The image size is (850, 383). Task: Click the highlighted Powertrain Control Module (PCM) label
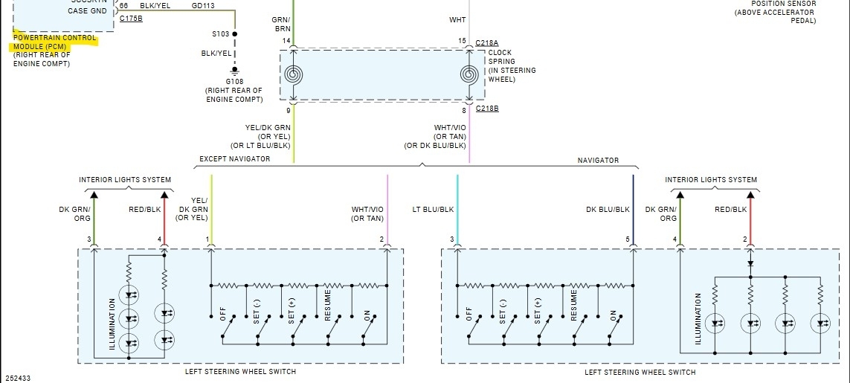(x=55, y=42)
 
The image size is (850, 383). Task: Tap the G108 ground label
(x=234, y=82)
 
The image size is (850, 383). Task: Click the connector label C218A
(x=488, y=43)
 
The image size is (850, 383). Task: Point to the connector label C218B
(x=488, y=109)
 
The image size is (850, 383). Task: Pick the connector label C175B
(x=131, y=17)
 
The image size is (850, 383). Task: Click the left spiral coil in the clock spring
(x=293, y=74)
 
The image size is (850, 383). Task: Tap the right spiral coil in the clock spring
(x=469, y=74)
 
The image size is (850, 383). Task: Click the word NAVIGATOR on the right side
(x=598, y=161)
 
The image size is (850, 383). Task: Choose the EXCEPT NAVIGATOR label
(x=234, y=159)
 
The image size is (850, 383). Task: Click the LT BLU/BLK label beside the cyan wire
(x=433, y=210)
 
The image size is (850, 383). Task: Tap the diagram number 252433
(x=16, y=378)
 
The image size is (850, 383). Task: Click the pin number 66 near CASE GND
(x=123, y=5)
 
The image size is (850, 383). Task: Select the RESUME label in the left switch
(x=327, y=306)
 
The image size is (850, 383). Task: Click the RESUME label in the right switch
(x=574, y=306)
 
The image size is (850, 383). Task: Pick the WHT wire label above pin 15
(x=457, y=20)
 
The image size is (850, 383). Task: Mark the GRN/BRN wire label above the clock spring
(x=281, y=25)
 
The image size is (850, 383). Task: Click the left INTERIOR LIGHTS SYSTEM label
(x=125, y=180)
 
